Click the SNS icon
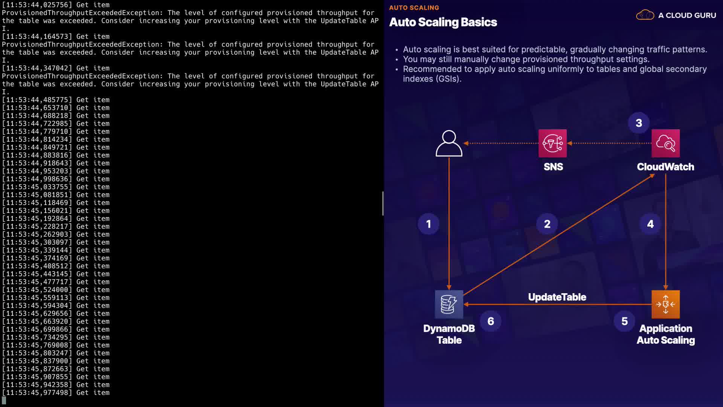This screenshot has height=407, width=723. (x=552, y=143)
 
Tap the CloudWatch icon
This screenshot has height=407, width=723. (x=665, y=143)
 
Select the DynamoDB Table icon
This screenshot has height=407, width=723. (x=449, y=304)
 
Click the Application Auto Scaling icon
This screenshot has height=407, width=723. (x=665, y=304)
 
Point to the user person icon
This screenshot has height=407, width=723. (x=449, y=143)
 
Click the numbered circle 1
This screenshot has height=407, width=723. (x=429, y=224)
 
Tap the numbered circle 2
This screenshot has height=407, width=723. (x=547, y=224)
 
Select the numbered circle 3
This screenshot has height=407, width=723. (x=639, y=123)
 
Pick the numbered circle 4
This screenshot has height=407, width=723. (x=650, y=224)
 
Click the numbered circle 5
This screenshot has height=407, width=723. (x=624, y=321)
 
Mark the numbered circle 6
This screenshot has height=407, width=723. (x=491, y=321)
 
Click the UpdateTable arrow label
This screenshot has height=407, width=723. (x=557, y=297)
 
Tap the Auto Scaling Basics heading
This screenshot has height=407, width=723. (x=443, y=22)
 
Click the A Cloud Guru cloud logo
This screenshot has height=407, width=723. (x=645, y=15)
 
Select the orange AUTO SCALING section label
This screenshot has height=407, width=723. (x=414, y=8)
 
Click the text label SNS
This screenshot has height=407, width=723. (x=553, y=167)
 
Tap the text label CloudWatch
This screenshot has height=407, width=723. (x=665, y=167)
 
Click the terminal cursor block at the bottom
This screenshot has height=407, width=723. (x=4, y=400)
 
